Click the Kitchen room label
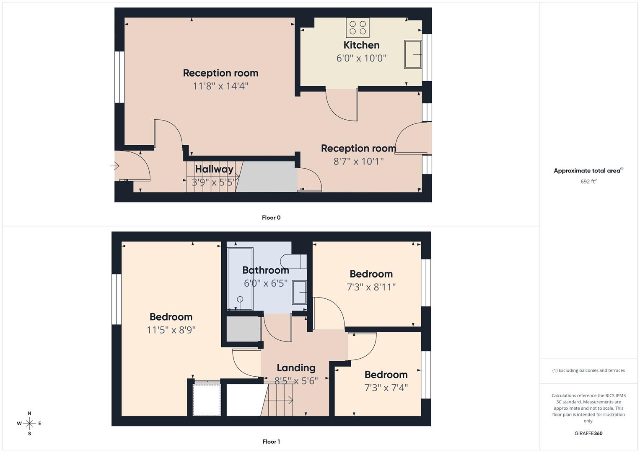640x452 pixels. coord(361,45)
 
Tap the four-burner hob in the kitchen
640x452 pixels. coord(358,28)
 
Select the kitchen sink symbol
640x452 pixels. coord(412,54)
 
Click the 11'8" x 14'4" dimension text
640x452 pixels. coord(220,86)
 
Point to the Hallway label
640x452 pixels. coord(214,169)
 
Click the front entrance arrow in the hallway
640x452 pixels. coord(115,166)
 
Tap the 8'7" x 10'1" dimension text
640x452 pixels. coord(358,162)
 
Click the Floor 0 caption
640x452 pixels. coord(271,218)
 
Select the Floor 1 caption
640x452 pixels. coord(271,442)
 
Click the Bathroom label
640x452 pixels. coord(265,270)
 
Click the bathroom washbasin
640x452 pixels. coord(300,292)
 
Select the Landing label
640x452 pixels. coord(296,368)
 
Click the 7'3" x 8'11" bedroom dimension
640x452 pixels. coord(371,287)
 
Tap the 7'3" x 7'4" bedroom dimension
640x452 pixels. coord(386,388)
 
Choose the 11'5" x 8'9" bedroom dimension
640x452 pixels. coord(171,330)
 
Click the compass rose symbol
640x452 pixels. coord(29,424)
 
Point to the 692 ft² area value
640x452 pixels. coord(588,182)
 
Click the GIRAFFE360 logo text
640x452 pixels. coord(588,433)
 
